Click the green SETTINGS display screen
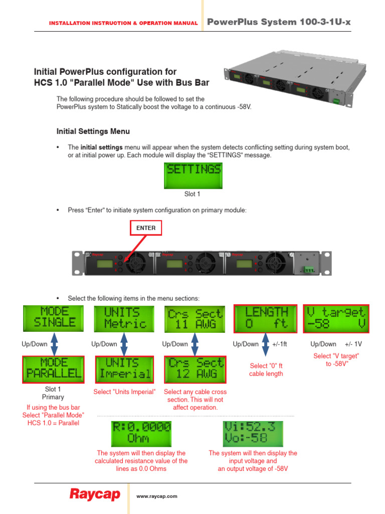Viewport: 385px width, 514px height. (194, 175)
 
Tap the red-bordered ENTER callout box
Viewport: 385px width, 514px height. (146, 228)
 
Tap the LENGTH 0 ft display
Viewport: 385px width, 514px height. (266, 318)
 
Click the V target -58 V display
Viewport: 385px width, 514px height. (336, 318)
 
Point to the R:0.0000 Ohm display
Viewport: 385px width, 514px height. (141, 433)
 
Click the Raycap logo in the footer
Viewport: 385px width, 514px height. (94, 495)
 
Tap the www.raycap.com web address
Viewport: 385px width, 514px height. (157, 496)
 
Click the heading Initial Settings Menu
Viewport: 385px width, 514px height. (93, 132)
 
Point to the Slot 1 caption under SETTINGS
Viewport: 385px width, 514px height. (193, 194)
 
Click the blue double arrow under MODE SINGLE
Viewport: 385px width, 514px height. (54, 344)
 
